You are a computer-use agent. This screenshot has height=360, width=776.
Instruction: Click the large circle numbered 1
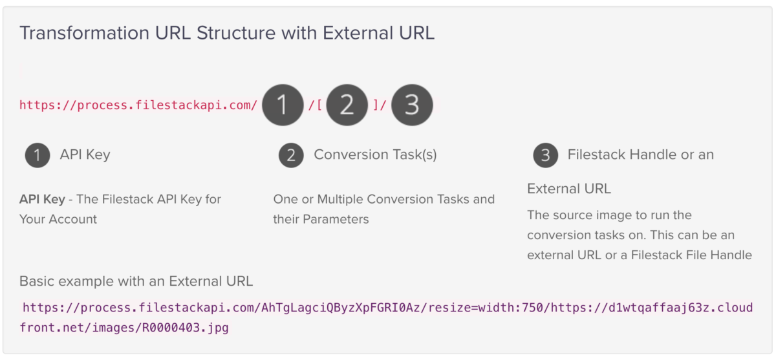coord(283,105)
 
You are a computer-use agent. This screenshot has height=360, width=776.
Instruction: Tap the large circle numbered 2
coord(347,105)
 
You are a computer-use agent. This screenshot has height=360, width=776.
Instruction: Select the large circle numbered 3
coord(412,105)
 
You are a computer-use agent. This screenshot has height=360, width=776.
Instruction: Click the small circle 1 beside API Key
coord(38,155)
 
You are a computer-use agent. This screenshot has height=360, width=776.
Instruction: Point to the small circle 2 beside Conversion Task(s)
coord(291,155)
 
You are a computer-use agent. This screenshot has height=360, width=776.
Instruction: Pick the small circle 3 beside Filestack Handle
coord(546,155)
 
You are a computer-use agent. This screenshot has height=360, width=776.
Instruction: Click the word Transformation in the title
coord(85,33)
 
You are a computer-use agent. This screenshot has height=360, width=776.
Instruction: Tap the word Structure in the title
coord(236,33)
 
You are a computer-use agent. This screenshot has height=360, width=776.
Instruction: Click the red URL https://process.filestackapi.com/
coord(138,105)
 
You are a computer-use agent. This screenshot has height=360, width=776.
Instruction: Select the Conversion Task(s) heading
coord(375,154)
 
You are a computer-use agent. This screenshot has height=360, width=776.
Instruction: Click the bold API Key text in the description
coord(42,199)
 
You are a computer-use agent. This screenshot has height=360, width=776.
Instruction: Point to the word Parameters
coord(336,220)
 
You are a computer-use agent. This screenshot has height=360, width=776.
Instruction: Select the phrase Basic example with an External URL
coord(136,281)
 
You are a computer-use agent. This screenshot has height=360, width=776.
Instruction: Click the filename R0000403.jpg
coord(186,328)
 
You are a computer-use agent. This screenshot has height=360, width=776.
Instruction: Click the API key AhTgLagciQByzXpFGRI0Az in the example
coord(341,308)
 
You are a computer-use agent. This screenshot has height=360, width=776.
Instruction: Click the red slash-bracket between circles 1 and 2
coord(316,105)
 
